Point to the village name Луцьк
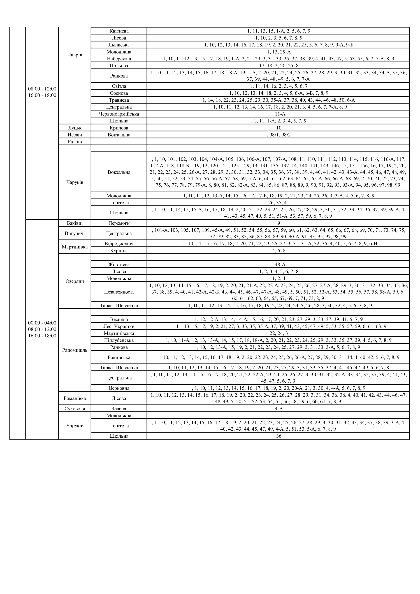(75, 128)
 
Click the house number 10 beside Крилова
(279, 128)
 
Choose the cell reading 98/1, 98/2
(279, 135)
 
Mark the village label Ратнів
(75, 142)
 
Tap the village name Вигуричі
(75, 233)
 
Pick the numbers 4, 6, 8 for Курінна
(279, 251)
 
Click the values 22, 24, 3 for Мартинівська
(279, 333)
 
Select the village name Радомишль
(75, 350)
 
